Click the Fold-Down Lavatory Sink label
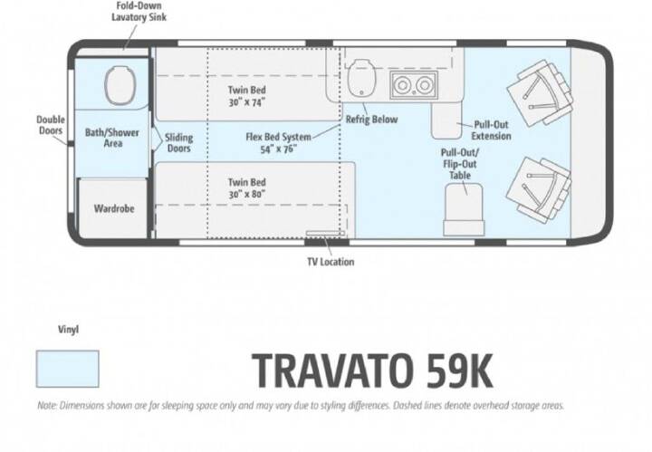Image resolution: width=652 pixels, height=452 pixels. pos(139,12)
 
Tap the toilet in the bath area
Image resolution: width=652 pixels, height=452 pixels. pos(120,86)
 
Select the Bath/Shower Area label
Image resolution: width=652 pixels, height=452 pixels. pos(112,138)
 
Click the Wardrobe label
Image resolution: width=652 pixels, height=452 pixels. pos(114,208)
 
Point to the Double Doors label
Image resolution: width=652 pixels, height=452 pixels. pos(51,125)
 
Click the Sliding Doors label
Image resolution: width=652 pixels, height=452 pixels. pos(178,142)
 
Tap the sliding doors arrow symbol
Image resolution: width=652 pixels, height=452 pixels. pos(157,139)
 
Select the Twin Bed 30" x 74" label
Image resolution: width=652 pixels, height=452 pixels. pos(246,96)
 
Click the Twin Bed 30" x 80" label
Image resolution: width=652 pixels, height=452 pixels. pos(246,188)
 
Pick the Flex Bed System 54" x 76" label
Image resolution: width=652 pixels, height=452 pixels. pos(278,142)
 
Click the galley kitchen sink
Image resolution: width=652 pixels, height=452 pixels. pos(361,78)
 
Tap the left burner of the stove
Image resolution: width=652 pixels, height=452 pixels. pos(402,85)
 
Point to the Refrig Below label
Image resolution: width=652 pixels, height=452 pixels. pos(371,120)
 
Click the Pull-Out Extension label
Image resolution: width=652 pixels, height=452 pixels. pos(491,130)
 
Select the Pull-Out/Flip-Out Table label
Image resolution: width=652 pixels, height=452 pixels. pos(460,164)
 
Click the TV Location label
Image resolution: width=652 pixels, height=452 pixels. pos(331,262)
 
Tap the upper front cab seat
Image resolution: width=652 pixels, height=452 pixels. pos(540,92)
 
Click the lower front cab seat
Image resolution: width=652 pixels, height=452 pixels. pos(540,190)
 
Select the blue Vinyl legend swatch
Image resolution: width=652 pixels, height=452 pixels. pos(67,369)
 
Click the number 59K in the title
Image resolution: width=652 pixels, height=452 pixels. pos(460,370)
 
